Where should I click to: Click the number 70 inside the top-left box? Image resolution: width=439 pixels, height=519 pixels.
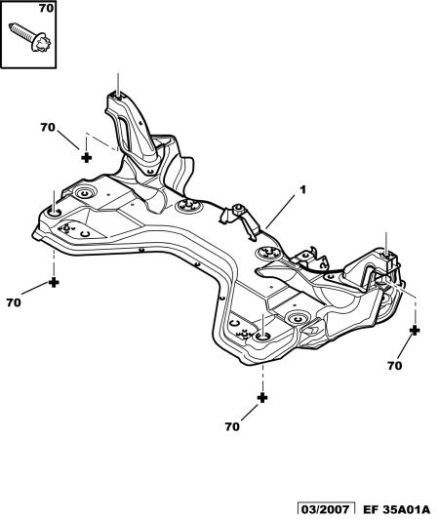pyautogui.click(x=46, y=8)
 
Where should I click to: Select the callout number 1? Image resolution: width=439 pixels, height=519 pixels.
pyautogui.click(x=302, y=190)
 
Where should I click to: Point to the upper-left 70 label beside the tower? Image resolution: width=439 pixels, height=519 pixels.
pyautogui.click(x=48, y=127)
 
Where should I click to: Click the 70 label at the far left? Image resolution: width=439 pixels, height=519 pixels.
pyautogui.click(x=14, y=302)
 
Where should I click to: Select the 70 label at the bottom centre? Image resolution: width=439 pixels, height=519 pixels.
pyautogui.click(x=232, y=426)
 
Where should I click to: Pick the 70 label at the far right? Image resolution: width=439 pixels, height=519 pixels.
pyautogui.click(x=395, y=366)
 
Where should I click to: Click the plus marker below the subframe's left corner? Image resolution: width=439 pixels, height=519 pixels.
pyautogui.click(x=54, y=283)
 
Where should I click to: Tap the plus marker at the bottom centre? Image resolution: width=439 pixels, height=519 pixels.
pyautogui.click(x=262, y=398)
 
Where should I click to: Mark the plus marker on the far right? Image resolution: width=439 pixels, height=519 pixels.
pyautogui.click(x=415, y=330)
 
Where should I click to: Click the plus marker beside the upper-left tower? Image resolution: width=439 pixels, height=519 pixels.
pyautogui.click(x=86, y=158)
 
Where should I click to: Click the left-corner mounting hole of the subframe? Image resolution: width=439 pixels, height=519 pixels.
pyautogui.click(x=54, y=213)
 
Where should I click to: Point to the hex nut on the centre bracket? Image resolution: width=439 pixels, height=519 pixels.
pyautogui.click(x=238, y=209)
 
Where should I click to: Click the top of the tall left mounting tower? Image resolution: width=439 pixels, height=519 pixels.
pyautogui.click(x=118, y=96)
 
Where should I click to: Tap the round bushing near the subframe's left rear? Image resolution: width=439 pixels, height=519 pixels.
pyautogui.click(x=85, y=192)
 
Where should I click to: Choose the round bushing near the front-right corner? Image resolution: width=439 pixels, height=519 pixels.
pyautogui.click(x=297, y=318)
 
